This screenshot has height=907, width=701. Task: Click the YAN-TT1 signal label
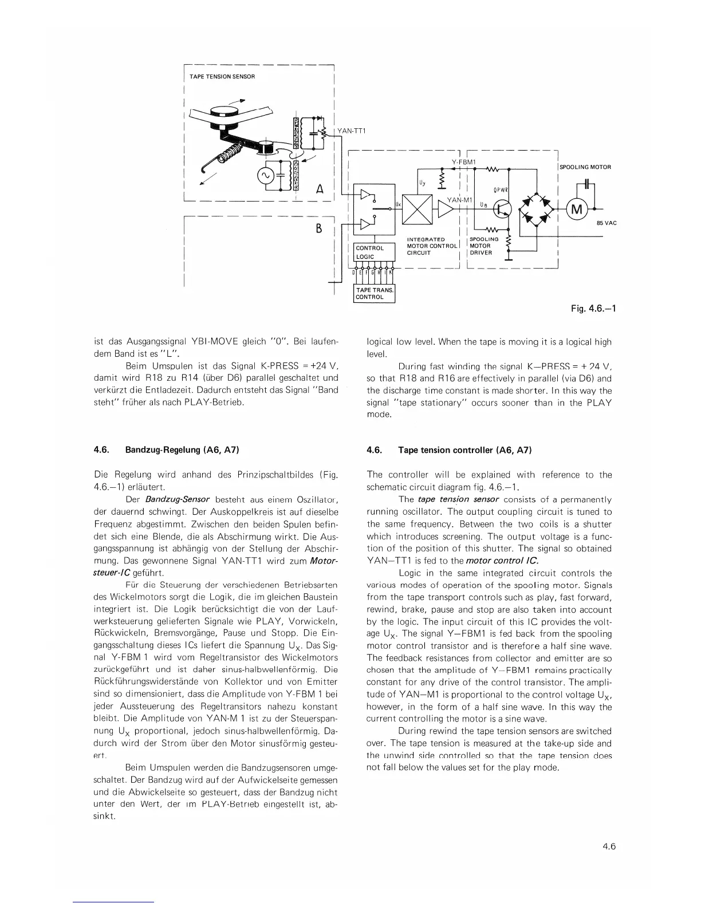point(352,131)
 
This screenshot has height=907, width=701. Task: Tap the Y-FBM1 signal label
point(464,162)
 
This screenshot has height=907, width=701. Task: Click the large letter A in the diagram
point(321,189)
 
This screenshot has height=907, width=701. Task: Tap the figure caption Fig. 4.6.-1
point(593,309)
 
